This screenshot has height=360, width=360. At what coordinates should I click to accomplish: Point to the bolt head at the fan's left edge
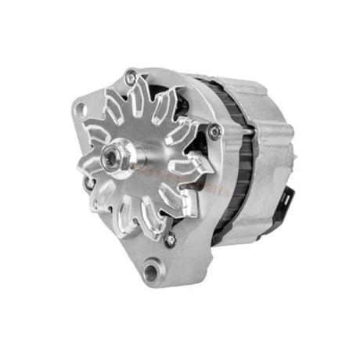pyautogui.click(x=89, y=185)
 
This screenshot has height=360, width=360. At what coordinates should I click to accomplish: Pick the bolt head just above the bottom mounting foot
pyautogui.click(x=170, y=240)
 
